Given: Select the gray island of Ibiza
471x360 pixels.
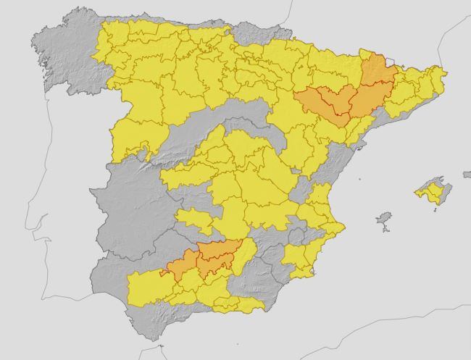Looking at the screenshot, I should (x=384, y=219).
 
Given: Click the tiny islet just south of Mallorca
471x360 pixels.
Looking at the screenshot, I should (x=435, y=209).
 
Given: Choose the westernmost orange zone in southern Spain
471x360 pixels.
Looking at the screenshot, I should (x=180, y=265).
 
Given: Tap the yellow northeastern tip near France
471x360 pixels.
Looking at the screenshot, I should (x=435, y=76).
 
